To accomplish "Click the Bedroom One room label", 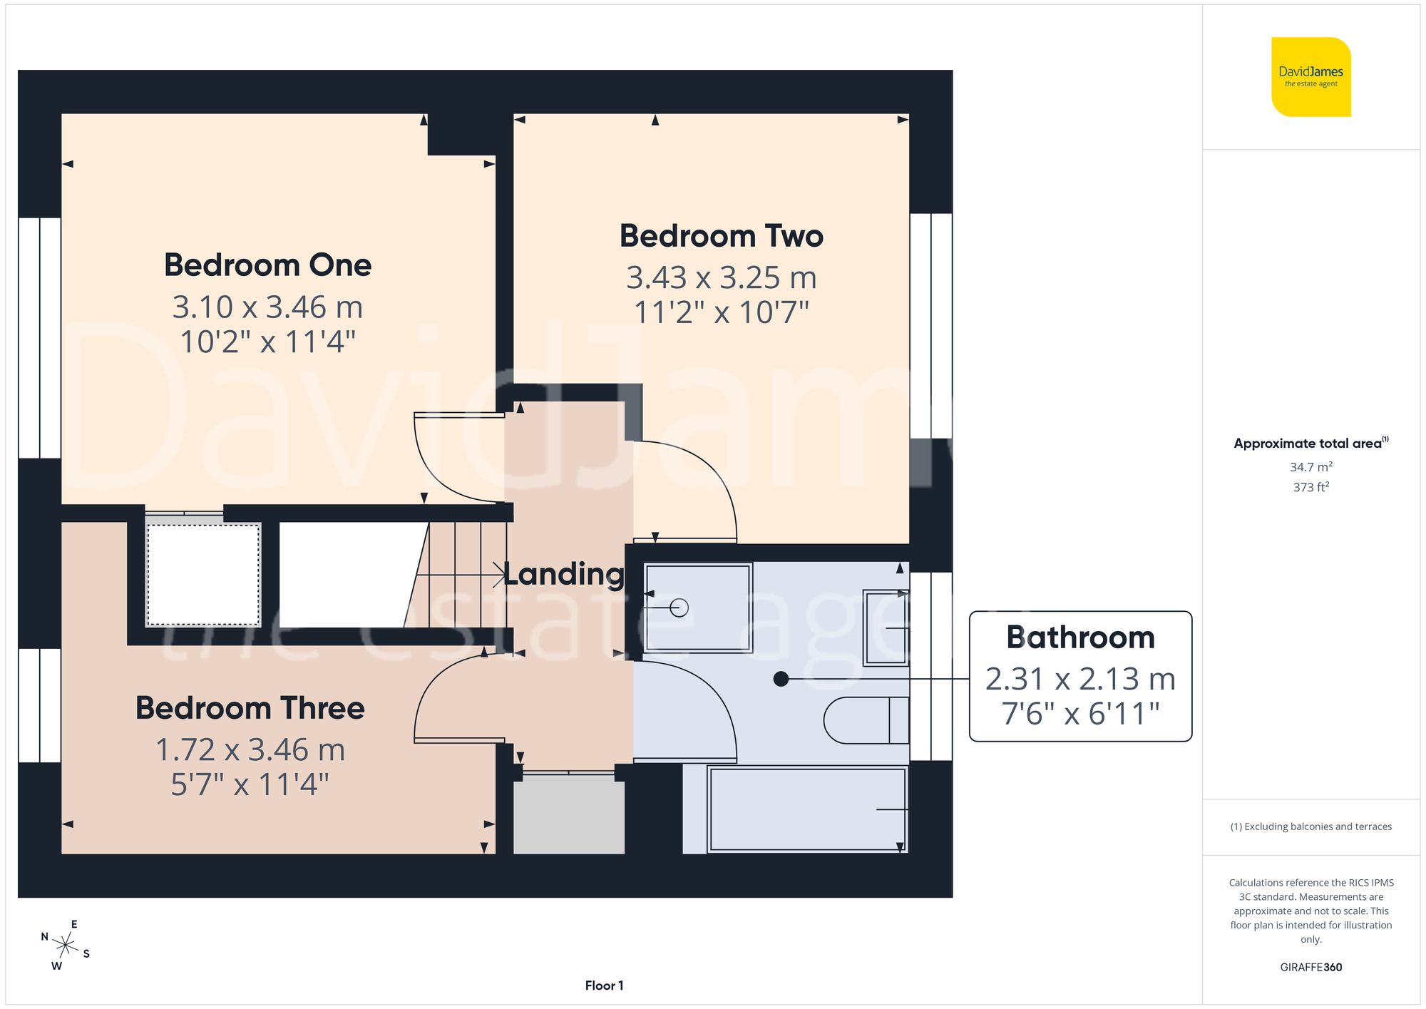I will pyautogui.click(x=267, y=265).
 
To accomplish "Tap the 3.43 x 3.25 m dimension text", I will pyautogui.click(x=721, y=277).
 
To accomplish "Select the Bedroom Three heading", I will pyautogui.click(x=250, y=708).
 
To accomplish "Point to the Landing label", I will pyautogui.click(x=564, y=574).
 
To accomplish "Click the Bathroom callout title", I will pyautogui.click(x=1079, y=637).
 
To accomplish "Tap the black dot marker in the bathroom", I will pyautogui.click(x=781, y=679).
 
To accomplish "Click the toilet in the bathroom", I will pyautogui.click(x=865, y=720).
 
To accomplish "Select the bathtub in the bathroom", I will pyautogui.click(x=807, y=809).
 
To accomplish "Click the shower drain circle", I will pyautogui.click(x=679, y=608).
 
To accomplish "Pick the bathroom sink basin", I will pyautogui.click(x=886, y=628).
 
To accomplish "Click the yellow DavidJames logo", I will pyautogui.click(x=1310, y=77).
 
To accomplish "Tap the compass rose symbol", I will pyautogui.click(x=65, y=946).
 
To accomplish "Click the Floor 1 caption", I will pyautogui.click(x=604, y=985).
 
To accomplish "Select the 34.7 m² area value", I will pyautogui.click(x=1310, y=467).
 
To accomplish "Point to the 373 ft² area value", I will pyautogui.click(x=1310, y=487).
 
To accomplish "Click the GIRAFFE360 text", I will pyautogui.click(x=1310, y=967).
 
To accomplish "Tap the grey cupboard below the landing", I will pyautogui.click(x=569, y=814).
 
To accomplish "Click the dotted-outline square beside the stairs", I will pyautogui.click(x=203, y=575).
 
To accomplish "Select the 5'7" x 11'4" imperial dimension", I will pyautogui.click(x=250, y=784).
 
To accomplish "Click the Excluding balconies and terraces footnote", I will pyautogui.click(x=1310, y=826).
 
